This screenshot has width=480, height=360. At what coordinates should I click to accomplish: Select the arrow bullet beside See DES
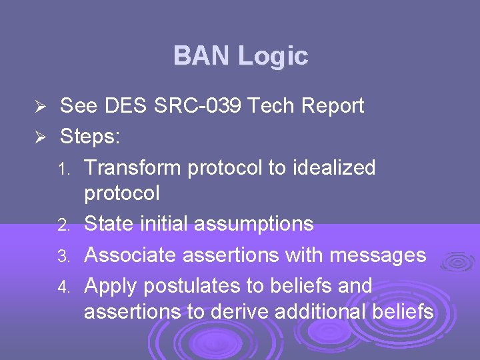(x=39, y=107)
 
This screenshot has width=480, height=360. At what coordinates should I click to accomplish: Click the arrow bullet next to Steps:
(x=39, y=137)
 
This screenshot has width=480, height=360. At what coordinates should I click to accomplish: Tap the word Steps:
(x=90, y=137)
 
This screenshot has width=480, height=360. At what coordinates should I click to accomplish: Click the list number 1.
(x=63, y=169)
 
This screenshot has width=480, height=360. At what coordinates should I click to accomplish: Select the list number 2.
(x=63, y=225)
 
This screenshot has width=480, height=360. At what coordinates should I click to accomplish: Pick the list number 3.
(x=63, y=256)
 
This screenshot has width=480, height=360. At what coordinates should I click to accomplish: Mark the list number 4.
(x=63, y=287)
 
